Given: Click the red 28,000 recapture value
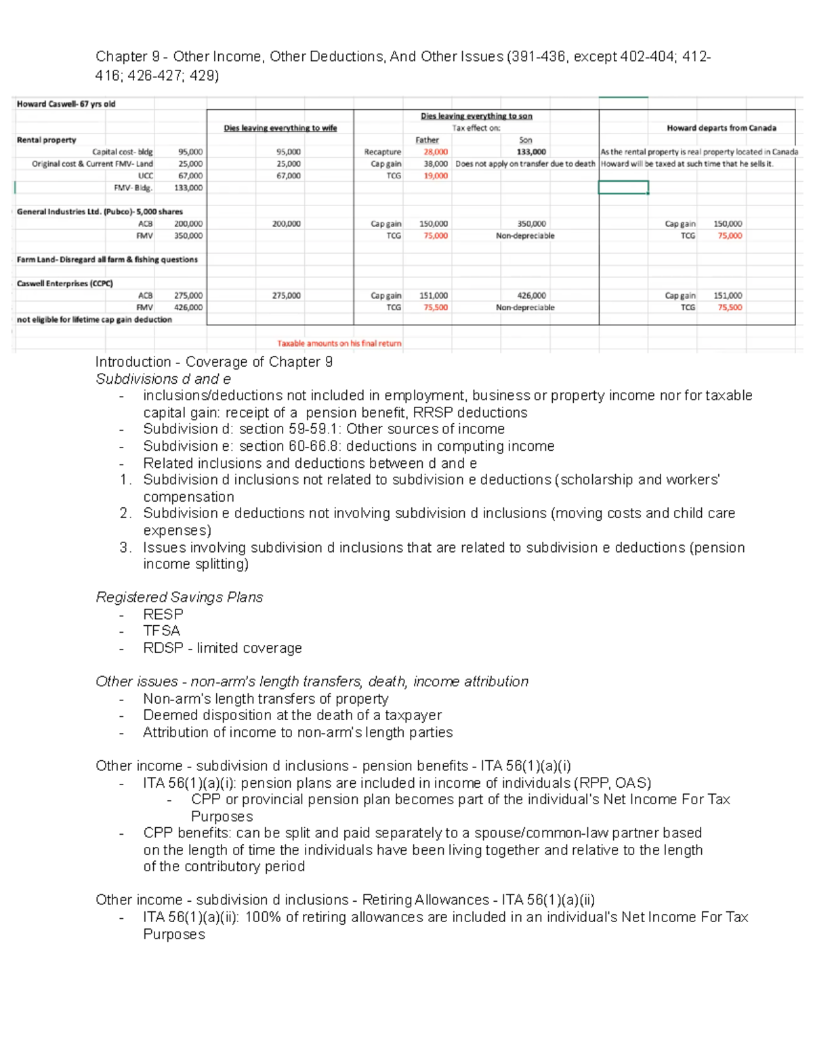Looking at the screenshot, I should (x=435, y=152).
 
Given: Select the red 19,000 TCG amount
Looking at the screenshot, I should (x=435, y=176).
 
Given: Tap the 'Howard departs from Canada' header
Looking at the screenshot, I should (x=721, y=127).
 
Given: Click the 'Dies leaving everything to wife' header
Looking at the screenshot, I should (x=280, y=128).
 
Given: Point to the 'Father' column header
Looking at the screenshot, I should (x=427, y=140).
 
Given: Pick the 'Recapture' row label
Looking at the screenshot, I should (x=382, y=152).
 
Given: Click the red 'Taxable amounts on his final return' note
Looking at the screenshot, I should (x=339, y=343).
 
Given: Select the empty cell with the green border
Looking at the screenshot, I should (x=623, y=187).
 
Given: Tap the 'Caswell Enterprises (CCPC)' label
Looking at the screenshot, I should (x=64, y=283).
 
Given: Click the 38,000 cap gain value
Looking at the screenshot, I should (x=435, y=163).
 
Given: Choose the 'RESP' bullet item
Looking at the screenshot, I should (x=163, y=614).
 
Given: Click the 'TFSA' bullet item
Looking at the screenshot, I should (x=161, y=631).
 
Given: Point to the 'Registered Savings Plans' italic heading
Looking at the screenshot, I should (x=179, y=597).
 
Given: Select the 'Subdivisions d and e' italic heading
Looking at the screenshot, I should (x=163, y=379).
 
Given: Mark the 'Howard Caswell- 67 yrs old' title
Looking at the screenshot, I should (x=66, y=104).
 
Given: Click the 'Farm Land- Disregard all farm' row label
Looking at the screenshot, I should (x=106, y=260).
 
